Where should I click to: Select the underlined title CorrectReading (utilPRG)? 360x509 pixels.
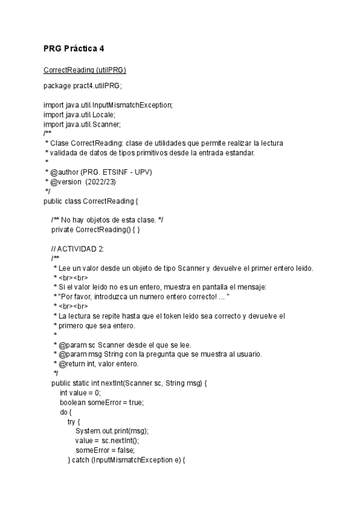tap(85, 70)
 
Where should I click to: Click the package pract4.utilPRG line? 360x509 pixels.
tap(83, 86)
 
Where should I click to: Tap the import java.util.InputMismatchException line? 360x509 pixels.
tap(108, 105)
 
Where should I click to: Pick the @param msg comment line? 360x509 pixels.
tap(156, 354)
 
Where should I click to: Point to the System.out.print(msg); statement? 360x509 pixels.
tap(112, 431)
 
